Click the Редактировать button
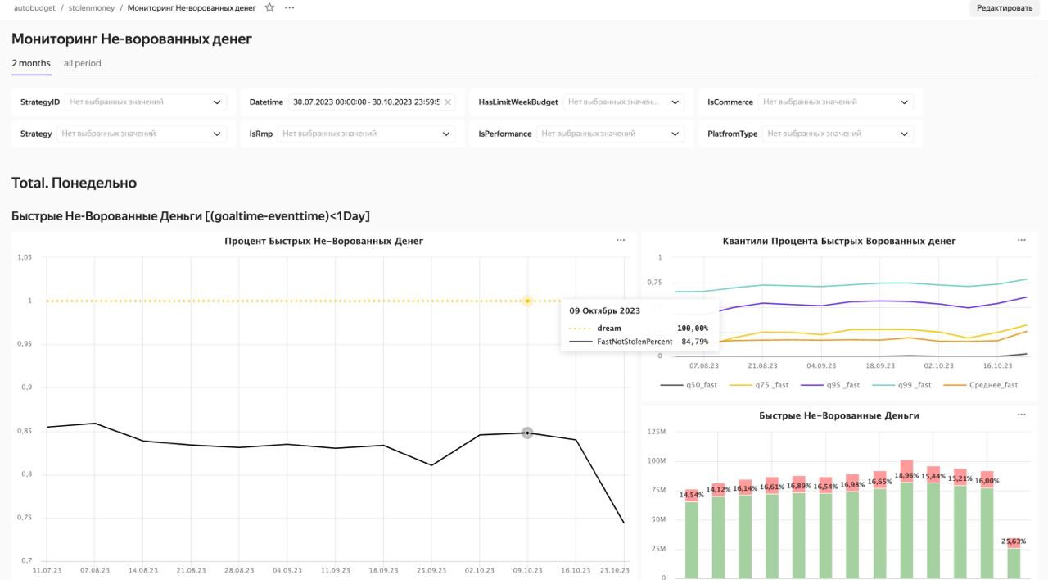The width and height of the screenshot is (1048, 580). (x=1004, y=8)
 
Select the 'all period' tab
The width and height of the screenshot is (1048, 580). (x=83, y=63)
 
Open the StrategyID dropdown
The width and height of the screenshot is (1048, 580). (x=145, y=102)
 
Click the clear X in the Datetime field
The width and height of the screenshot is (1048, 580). (x=448, y=102)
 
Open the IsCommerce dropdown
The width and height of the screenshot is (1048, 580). (x=836, y=102)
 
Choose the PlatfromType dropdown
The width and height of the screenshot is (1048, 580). (x=838, y=134)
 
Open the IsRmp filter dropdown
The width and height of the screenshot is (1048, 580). (x=366, y=134)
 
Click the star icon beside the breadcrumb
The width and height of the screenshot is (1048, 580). (x=269, y=7)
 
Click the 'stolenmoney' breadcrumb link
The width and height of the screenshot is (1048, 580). (x=91, y=8)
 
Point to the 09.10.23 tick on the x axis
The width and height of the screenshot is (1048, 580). (x=527, y=570)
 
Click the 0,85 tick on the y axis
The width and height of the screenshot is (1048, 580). (x=25, y=431)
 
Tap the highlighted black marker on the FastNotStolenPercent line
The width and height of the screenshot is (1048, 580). (x=527, y=433)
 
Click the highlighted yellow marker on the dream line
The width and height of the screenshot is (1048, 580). (x=527, y=301)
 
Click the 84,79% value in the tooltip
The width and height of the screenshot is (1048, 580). (x=695, y=342)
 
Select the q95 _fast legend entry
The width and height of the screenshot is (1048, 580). (x=830, y=385)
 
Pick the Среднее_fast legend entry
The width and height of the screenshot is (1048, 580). (x=980, y=385)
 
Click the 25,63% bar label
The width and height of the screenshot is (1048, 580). (x=1014, y=541)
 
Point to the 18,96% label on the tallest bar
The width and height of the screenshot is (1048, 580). (x=906, y=475)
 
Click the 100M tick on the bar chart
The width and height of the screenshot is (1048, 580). (x=657, y=460)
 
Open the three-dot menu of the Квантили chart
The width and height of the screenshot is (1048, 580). (x=1021, y=241)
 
